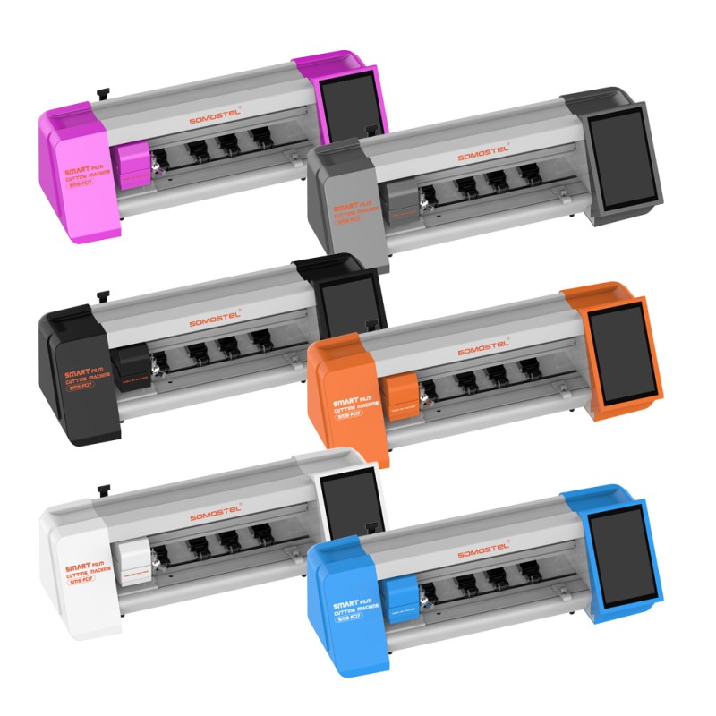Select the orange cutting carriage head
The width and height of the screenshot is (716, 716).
click(400, 392)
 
